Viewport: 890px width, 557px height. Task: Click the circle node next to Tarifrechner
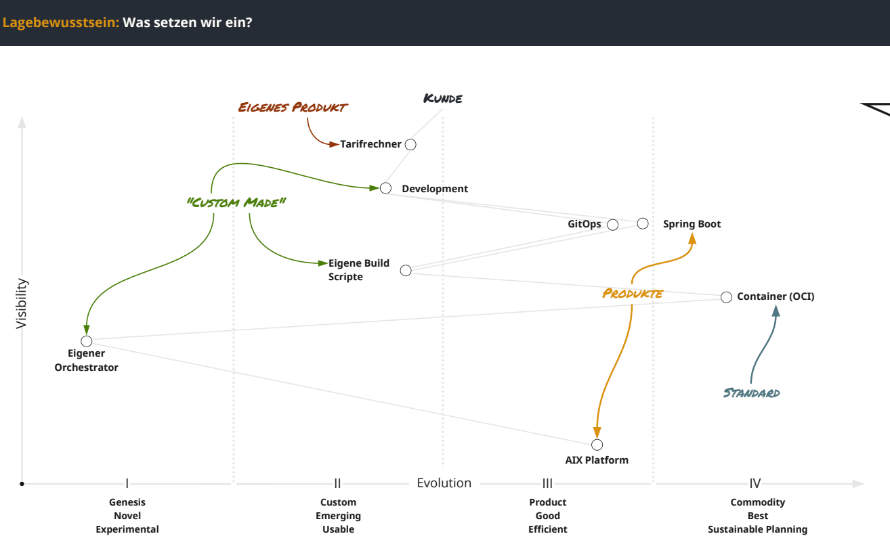point(410,144)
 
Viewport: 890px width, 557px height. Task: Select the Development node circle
point(385,188)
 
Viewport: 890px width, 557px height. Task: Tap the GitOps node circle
point(613,225)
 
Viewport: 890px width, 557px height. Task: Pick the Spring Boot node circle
point(643,223)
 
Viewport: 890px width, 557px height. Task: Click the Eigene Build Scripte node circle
point(406,271)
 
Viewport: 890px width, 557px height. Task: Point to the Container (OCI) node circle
point(726,297)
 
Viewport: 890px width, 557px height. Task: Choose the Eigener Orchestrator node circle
point(87,341)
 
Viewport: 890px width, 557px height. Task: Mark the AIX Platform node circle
point(597,445)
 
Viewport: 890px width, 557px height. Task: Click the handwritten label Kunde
point(443,99)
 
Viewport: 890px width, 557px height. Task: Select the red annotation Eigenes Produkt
point(293,107)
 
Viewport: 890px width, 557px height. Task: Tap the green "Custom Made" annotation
point(236,202)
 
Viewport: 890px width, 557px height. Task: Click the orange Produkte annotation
point(633,294)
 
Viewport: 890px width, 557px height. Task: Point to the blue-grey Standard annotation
point(751,393)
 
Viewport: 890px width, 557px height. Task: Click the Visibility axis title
point(22,303)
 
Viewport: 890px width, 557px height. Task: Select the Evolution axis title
point(444,483)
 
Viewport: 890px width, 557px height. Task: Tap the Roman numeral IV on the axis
point(755,483)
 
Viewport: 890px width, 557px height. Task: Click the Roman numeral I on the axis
point(127,483)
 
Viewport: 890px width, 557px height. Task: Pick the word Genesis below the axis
point(127,502)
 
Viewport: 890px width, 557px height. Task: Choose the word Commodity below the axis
point(757,502)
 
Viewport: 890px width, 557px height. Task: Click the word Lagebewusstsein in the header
point(61,22)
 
